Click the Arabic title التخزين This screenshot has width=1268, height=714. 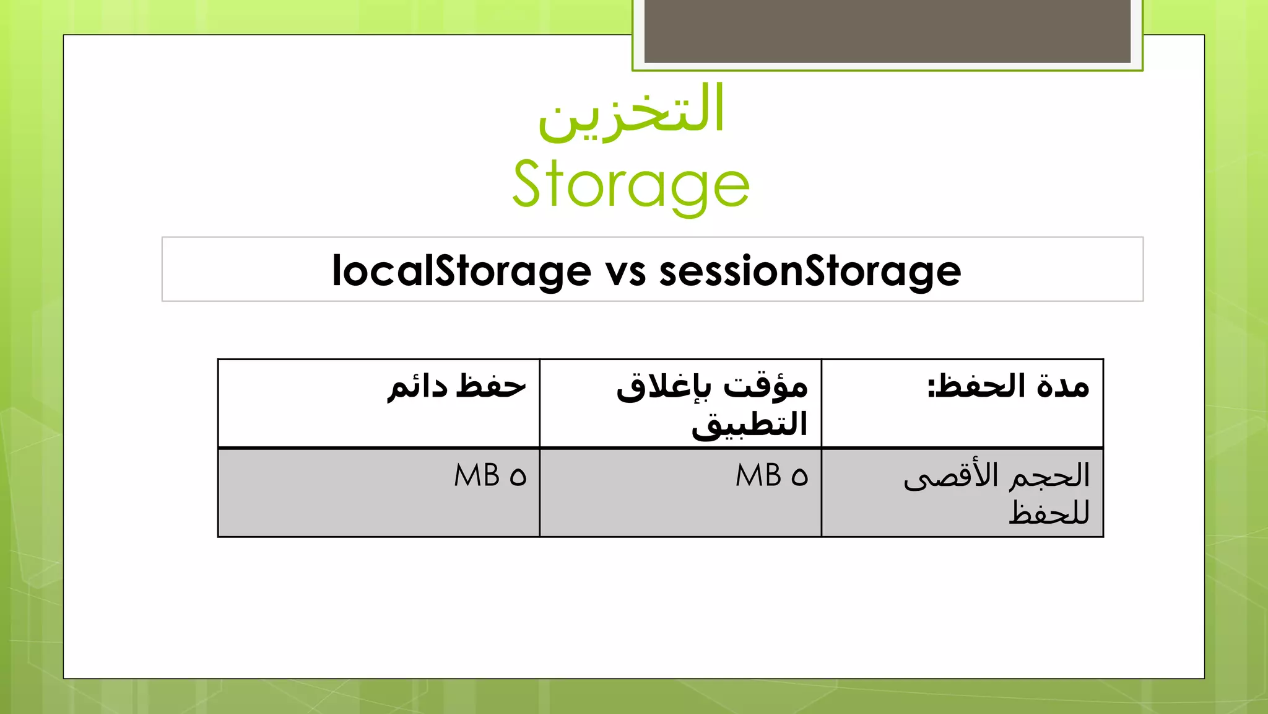click(x=632, y=112)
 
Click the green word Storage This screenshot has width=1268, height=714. click(x=631, y=184)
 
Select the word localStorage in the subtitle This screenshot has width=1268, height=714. click(x=461, y=271)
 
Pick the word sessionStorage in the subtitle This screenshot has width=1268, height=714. click(x=810, y=271)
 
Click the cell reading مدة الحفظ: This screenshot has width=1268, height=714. click(x=1008, y=387)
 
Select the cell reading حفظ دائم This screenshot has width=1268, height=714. click(x=456, y=387)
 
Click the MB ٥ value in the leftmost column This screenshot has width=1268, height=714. click(x=490, y=476)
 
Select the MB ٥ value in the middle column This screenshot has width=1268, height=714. click(x=771, y=476)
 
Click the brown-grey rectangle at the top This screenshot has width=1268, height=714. click(x=887, y=31)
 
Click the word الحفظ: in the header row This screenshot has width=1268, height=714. click(x=978, y=387)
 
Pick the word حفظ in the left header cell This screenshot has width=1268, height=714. click(x=491, y=387)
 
